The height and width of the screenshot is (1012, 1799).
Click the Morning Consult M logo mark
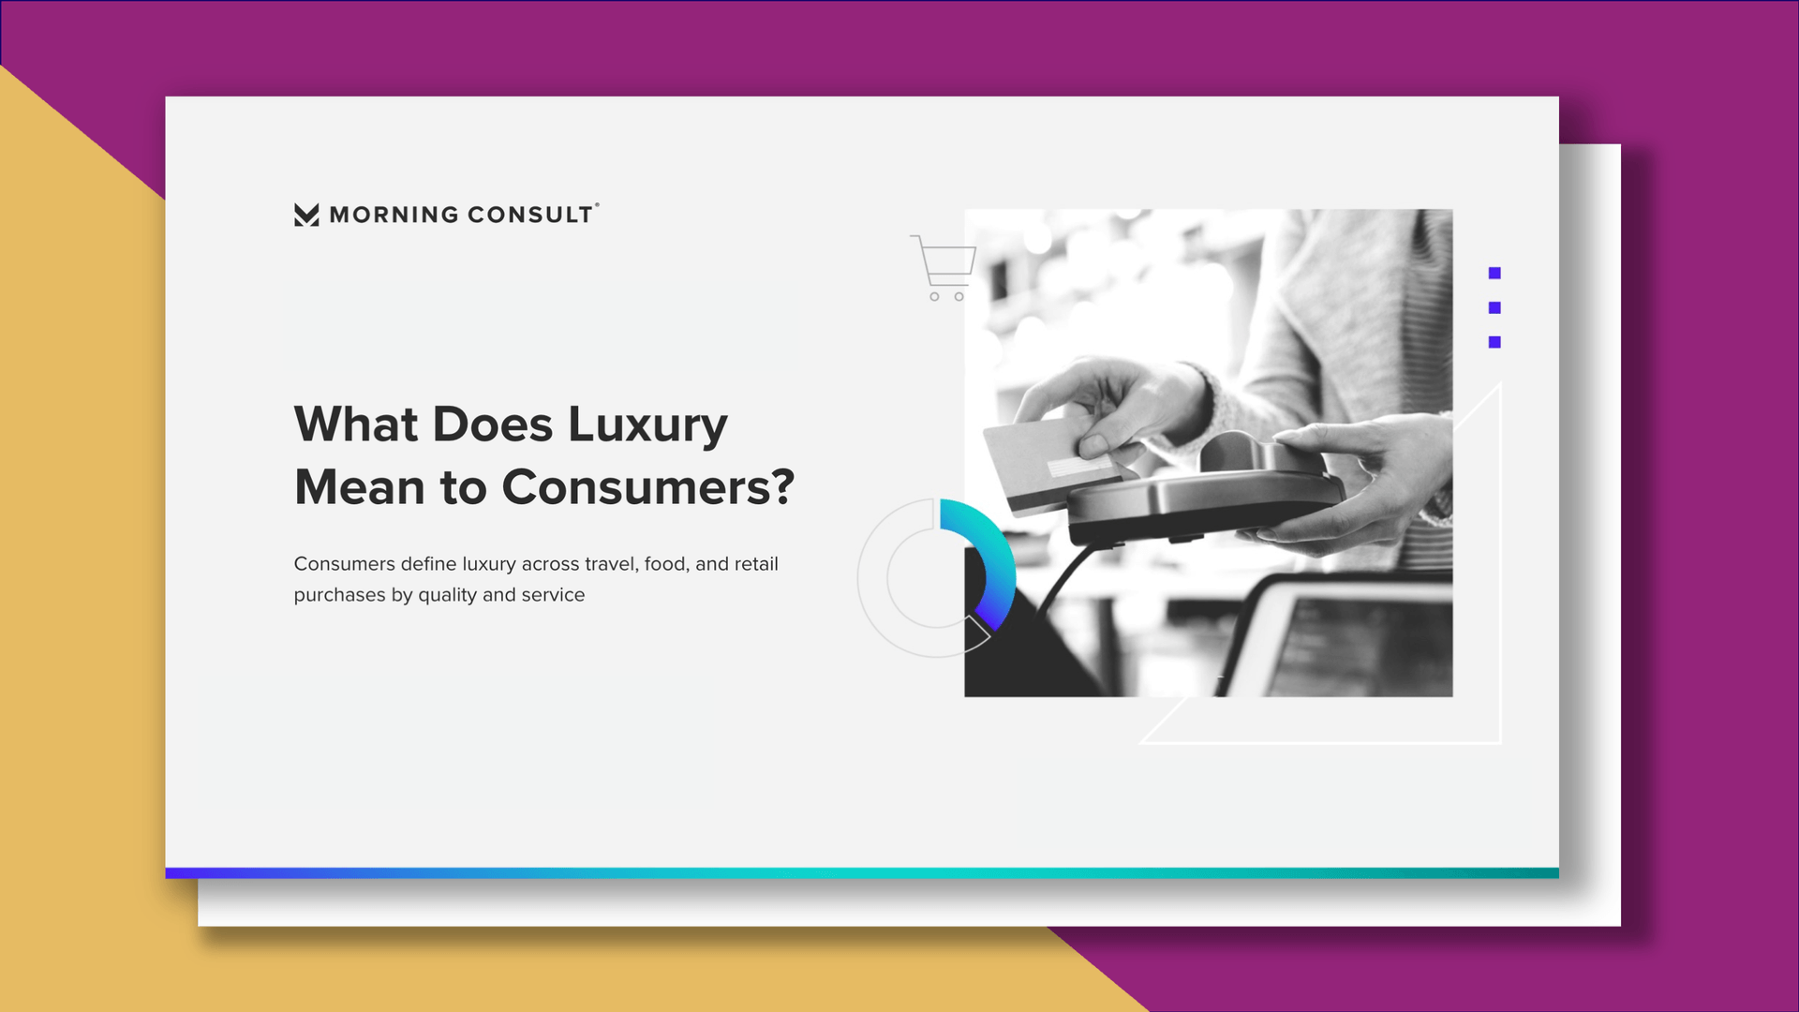click(x=306, y=215)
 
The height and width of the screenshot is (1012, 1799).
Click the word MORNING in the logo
click(x=394, y=215)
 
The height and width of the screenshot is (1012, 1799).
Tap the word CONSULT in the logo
click(x=530, y=215)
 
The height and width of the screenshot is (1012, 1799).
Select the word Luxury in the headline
click(x=647, y=424)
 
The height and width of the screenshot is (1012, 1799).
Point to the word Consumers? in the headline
click(x=648, y=487)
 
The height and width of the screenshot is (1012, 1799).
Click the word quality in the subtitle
click(x=447, y=596)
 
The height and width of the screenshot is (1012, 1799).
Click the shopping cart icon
click(x=944, y=268)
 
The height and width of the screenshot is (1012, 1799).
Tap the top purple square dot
click(x=1494, y=273)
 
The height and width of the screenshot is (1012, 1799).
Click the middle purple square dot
click(x=1494, y=307)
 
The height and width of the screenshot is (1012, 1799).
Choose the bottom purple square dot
click(x=1494, y=342)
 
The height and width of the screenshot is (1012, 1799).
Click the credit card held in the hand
click(x=1049, y=463)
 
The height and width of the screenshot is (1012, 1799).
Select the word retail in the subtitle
click(x=756, y=564)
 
